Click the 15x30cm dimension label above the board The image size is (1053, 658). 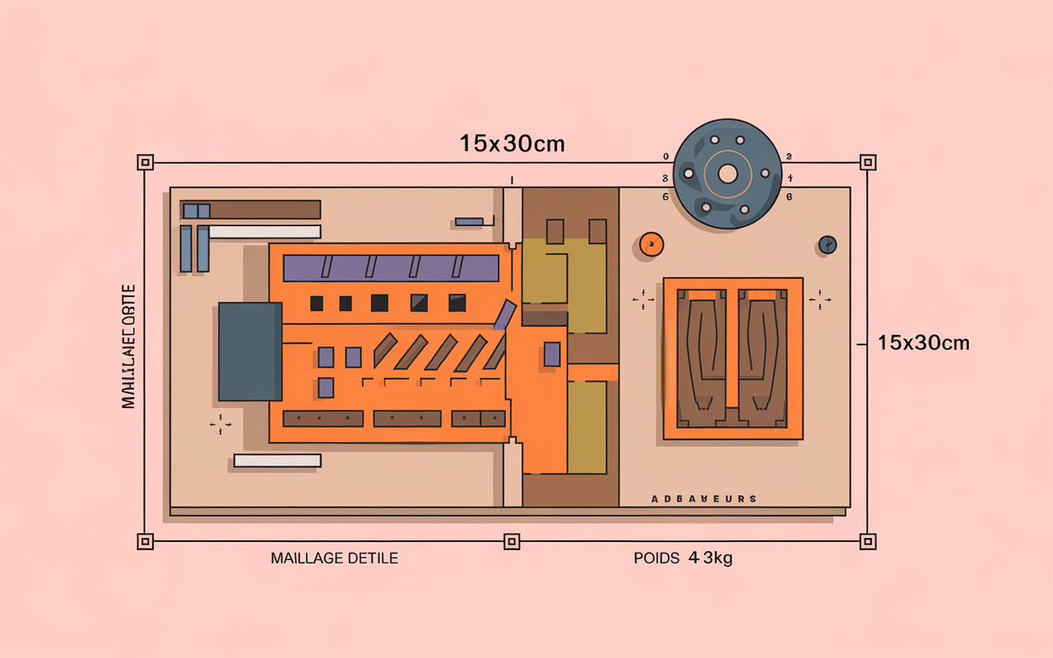(512, 143)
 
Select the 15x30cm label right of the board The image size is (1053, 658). (923, 343)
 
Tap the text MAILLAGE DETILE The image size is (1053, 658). (334, 558)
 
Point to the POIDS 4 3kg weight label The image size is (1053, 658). (683, 558)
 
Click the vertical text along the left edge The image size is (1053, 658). (128, 346)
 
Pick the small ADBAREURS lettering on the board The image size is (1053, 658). (703, 499)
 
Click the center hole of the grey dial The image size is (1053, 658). (727, 174)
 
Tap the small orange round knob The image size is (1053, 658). (651, 243)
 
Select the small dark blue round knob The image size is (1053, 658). (828, 244)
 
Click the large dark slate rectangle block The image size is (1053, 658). (250, 351)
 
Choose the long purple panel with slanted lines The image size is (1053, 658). (391, 268)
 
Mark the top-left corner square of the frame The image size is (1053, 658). (146, 162)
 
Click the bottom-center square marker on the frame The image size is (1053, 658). (511, 541)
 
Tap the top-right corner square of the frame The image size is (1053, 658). (867, 162)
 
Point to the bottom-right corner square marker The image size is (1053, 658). (867, 541)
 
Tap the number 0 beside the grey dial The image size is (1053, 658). (666, 155)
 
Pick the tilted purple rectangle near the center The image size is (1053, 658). (504, 316)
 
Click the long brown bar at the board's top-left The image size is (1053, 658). (264, 210)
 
